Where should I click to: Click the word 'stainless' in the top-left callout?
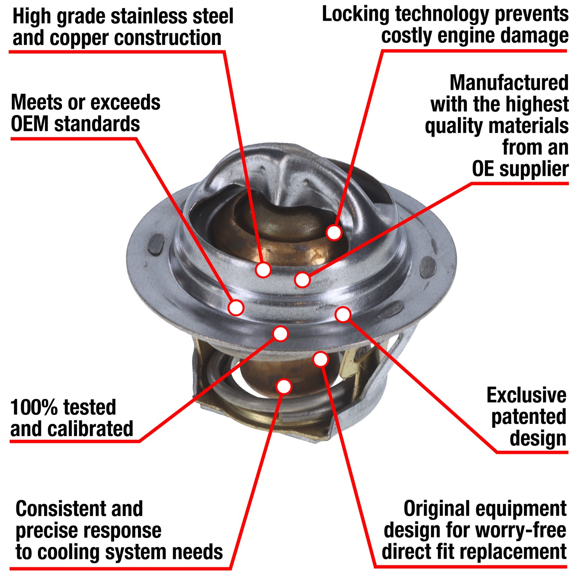coord(148,16)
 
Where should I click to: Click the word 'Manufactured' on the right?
coord(509,83)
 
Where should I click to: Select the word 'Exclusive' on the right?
coord(526,395)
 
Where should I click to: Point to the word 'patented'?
coord(529,417)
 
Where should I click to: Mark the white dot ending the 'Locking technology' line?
coord(334,232)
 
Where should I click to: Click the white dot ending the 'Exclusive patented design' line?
coord(343,314)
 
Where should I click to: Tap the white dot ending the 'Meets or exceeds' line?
coord(236,307)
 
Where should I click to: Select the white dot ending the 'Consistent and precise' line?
coord(284,386)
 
